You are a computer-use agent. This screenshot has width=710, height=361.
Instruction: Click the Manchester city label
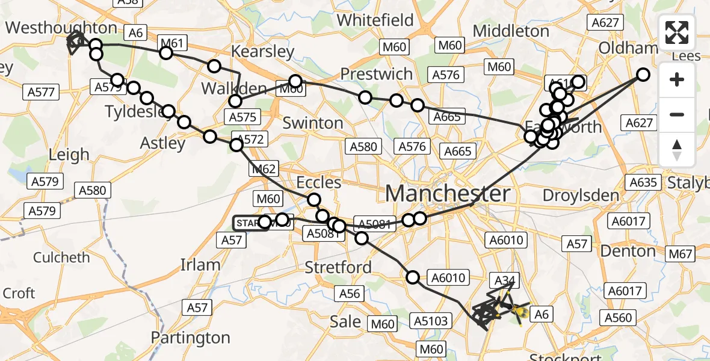tap(448, 194)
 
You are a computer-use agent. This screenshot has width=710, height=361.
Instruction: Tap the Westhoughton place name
tap(61, 28)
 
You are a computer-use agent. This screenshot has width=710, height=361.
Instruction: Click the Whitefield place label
tap(375, 20)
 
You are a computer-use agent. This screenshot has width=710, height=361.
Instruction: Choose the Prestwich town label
tap(377, 74)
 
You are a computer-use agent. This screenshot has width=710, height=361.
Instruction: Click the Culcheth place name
tap(61, 258)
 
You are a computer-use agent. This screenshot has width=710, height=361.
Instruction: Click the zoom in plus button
tap(677, 79)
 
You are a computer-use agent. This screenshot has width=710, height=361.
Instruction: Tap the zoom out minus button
tap(677, 114)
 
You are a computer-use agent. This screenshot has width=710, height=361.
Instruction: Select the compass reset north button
tap(677, 149)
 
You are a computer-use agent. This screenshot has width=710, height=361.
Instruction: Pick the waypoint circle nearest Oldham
tap(643, 75)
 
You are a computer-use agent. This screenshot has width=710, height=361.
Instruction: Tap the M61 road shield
tap(173, 43)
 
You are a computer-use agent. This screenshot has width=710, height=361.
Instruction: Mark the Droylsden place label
tap(580, 196)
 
